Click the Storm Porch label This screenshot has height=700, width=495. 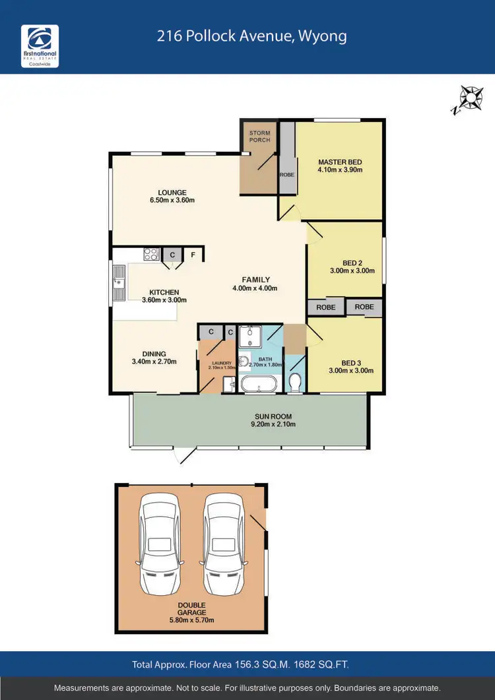(259, 137)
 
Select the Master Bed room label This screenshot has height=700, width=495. (340, 162)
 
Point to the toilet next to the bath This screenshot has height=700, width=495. (296, 381)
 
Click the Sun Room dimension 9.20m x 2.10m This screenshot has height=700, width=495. (273, 425)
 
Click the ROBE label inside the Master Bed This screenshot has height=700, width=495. (286, 175)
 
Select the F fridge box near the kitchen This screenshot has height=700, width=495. (193, 254)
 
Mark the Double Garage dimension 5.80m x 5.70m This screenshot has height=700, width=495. (191, 620)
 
